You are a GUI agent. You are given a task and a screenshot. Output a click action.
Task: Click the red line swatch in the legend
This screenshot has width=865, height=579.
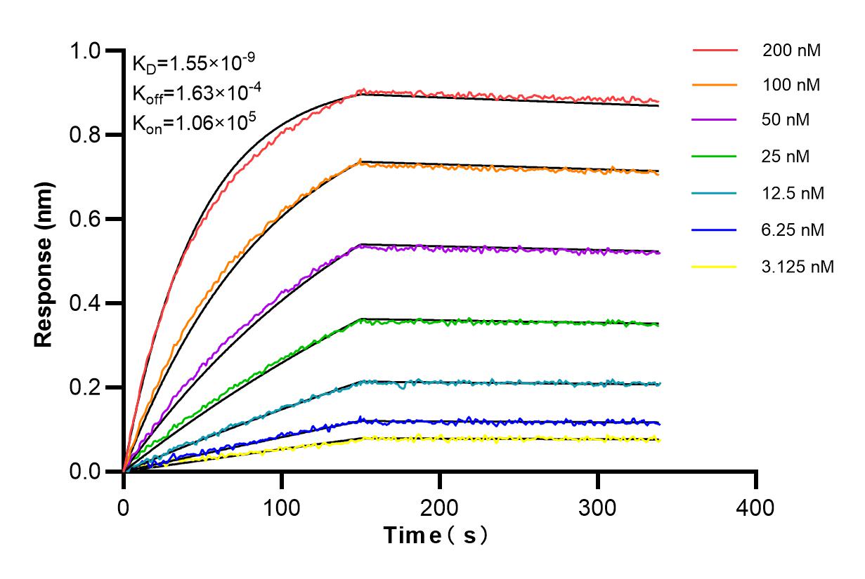point(715,51)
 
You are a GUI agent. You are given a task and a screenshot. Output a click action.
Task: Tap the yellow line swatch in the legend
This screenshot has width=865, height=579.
point(715,267)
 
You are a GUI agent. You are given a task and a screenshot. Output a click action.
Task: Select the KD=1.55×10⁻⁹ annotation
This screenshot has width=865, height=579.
point(189,65)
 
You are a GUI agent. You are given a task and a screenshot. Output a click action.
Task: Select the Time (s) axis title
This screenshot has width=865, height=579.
point(436,535)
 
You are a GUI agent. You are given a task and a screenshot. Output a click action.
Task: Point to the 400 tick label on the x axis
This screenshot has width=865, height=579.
point(756,506)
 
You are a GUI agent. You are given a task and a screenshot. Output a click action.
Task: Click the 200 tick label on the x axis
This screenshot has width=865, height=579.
point(440,506)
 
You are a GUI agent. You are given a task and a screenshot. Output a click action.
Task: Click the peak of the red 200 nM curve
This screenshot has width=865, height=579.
point(362,90)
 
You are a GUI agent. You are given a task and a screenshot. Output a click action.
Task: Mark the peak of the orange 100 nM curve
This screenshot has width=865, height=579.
point(360,160)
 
